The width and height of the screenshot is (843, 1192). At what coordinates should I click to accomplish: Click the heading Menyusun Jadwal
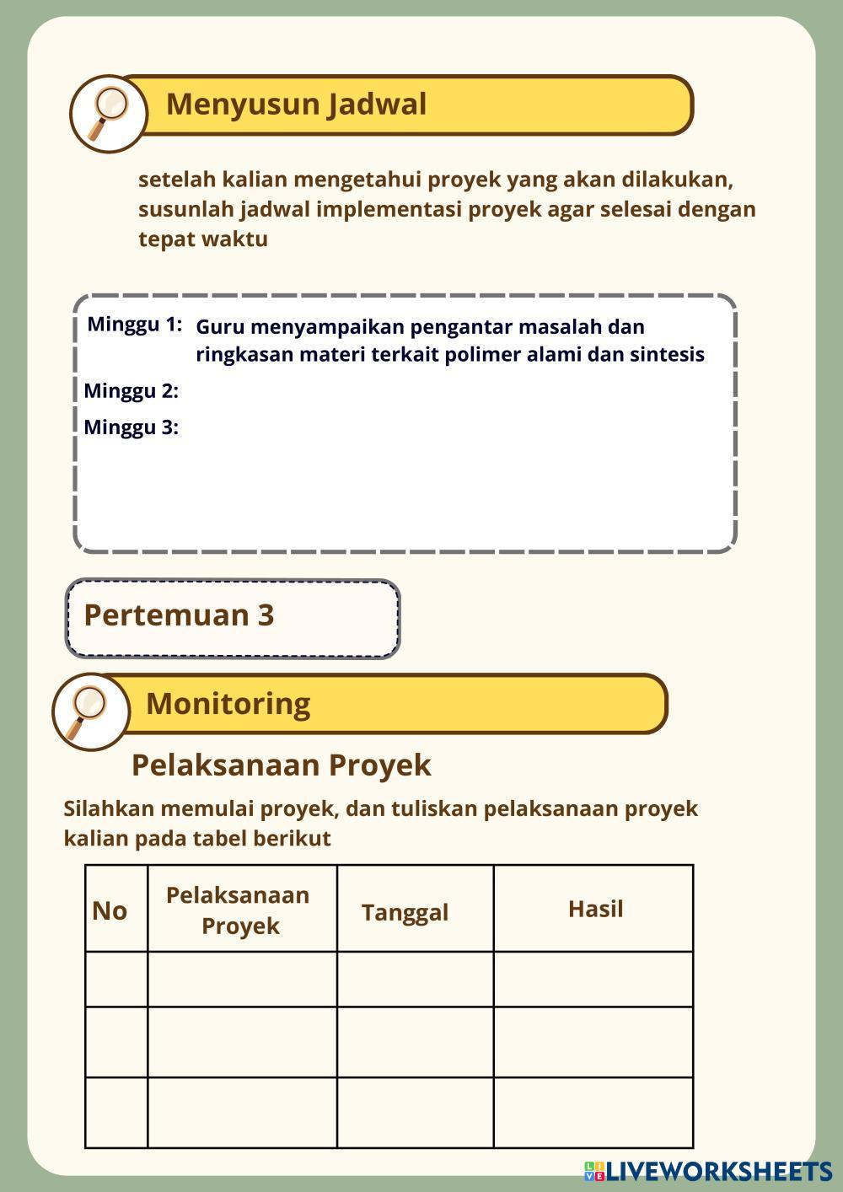(296, 105)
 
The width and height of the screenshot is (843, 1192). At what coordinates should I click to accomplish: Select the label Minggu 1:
(135, 325)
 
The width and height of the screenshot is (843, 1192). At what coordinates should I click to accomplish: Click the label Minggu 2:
(131, 391)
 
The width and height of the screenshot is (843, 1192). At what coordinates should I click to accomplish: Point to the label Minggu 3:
(131, 427)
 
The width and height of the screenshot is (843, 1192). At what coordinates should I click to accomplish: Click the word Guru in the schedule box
(220, 327)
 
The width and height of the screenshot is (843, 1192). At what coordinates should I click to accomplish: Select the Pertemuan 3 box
(232, 617)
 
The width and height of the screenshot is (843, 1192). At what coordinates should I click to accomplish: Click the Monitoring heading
(228, 704)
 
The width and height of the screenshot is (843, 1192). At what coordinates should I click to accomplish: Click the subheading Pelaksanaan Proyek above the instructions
(281, 765)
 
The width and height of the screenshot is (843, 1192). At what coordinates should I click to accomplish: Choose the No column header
(110, 911)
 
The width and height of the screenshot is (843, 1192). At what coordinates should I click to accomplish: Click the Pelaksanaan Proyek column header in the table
(239, 910)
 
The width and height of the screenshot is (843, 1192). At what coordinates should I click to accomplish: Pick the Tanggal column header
(405, 913)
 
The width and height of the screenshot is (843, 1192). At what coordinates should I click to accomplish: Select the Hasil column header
(595, 910)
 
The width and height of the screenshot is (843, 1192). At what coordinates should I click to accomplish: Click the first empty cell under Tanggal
(415, 980)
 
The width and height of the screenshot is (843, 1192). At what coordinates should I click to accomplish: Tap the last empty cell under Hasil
(593, 1112)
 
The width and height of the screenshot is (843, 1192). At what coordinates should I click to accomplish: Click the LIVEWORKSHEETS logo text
(717, 1171)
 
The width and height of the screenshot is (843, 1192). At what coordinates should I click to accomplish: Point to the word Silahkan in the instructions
(109, 809)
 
